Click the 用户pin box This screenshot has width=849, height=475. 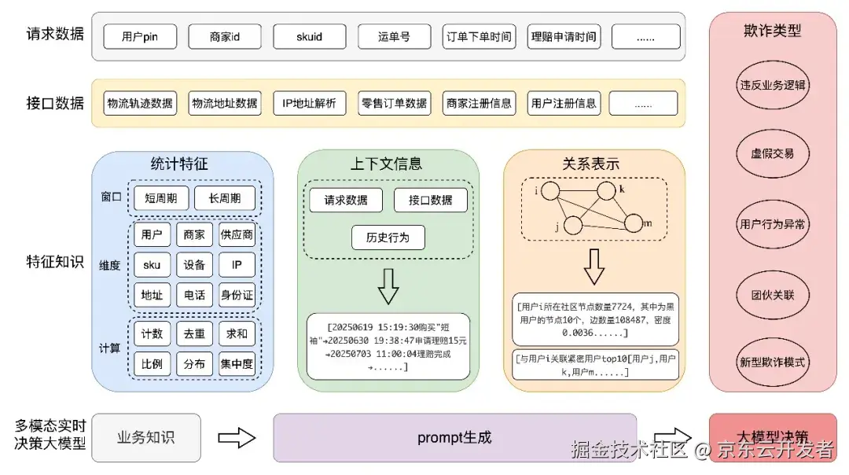point(140,36)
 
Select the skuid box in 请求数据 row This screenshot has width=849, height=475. point(309,36)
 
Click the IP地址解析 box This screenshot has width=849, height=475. point(309,103)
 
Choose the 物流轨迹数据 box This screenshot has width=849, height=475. point(140,103)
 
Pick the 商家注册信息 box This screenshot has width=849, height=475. point(478,103)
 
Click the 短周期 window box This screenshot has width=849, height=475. point(161,198)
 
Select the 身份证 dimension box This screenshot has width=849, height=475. point(237,295)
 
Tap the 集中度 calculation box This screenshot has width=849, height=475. point(237,364)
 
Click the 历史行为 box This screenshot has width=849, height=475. point(388,237)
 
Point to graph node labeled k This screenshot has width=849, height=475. point(605,192)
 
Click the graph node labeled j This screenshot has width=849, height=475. point(573,225)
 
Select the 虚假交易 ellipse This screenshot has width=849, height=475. point(772,153)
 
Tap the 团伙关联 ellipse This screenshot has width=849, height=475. point(772,295)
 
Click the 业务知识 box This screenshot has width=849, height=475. point(145,437)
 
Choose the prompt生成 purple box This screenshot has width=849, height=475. point(454,437)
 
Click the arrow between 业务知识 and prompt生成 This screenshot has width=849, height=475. point(237,437)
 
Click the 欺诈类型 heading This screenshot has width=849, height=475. point(772,31)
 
